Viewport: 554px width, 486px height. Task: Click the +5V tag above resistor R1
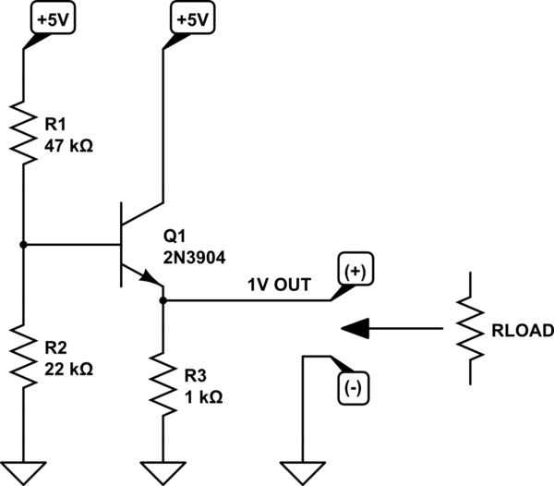(x=46, y=19)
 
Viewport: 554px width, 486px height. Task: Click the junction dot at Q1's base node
(x=22, y=245)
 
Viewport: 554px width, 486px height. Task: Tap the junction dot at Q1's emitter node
(x=163, y=299)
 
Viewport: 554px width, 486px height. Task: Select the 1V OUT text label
(x=277, y=286)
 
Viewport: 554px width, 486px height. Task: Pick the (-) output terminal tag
(x=353, y=389)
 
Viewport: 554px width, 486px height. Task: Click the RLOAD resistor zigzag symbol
(x=472, y=328)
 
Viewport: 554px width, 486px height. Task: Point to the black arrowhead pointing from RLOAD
(x=356, y=327)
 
